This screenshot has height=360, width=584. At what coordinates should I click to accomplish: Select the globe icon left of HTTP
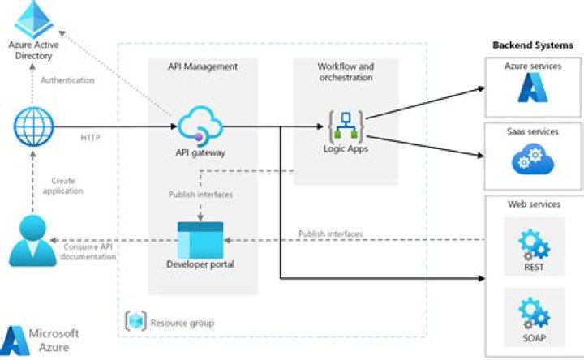click(33, 126)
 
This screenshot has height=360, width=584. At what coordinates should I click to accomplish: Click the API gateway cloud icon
click(200, 125)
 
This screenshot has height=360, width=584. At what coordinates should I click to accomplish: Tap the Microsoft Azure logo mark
click(15, 339)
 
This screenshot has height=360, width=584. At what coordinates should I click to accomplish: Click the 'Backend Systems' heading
click(533, 45)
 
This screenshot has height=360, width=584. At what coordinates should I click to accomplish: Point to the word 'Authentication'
click(68, 80)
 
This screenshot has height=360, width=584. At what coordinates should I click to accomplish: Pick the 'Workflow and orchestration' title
click(345, 71)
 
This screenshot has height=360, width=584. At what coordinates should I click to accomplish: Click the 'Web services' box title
click(533, 204)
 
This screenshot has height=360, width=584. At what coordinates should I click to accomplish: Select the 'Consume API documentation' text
click(86, 251)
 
